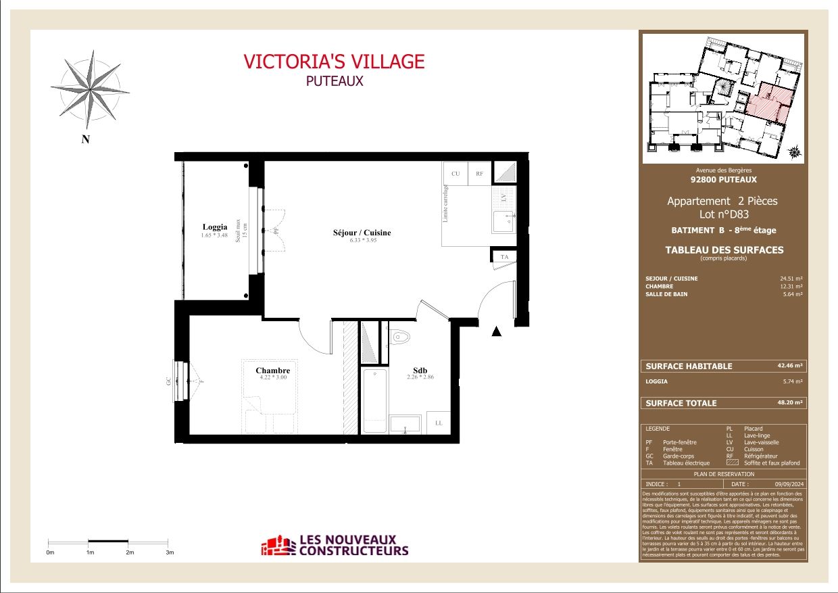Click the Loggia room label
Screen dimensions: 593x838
[215, 227]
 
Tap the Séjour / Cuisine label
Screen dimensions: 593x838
[362, 233]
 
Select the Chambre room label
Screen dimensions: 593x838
[272, 371]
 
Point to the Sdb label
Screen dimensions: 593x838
[420, 371]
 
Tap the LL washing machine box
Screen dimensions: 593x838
[439, 423]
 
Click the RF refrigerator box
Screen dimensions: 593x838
[479, 174]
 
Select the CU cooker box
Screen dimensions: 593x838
[455, 174]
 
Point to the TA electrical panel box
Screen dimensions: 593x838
[503, 257]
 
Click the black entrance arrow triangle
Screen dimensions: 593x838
[497, 331]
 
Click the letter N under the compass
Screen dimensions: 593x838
[86, 140]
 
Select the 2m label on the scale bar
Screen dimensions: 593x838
[130, 552]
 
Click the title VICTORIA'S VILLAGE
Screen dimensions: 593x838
[334, 62]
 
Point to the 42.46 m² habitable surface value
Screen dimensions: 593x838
[789, 366]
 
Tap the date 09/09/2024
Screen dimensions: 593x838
[789, 484]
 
